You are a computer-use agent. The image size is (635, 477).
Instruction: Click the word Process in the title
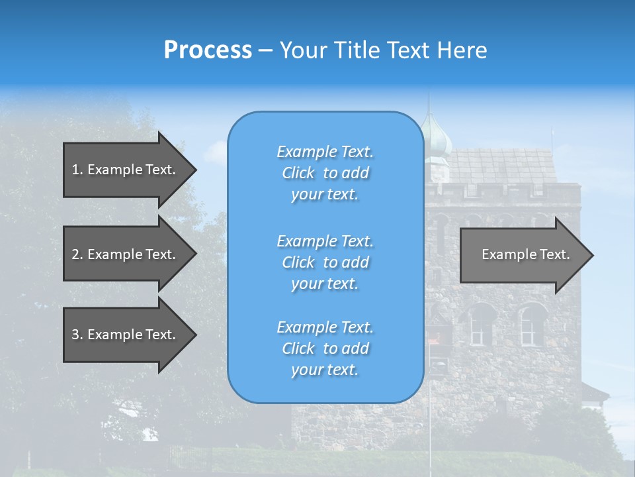(x=208, y=50)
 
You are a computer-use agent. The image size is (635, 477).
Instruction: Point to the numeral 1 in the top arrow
(x=75, y=170)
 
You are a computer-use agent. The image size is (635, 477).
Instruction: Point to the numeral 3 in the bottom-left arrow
(x=75, y=335)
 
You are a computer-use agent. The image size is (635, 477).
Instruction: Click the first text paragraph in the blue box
(x=325, y=173)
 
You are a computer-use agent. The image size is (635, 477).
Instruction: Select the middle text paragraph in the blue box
(x=325, y=262)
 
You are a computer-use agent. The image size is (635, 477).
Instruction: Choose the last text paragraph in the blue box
(x=325, y=348)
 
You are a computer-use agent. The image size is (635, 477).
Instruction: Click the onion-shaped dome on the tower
(x=437, y=140)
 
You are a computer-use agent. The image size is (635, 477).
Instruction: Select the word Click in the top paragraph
(x=298, y=173)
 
